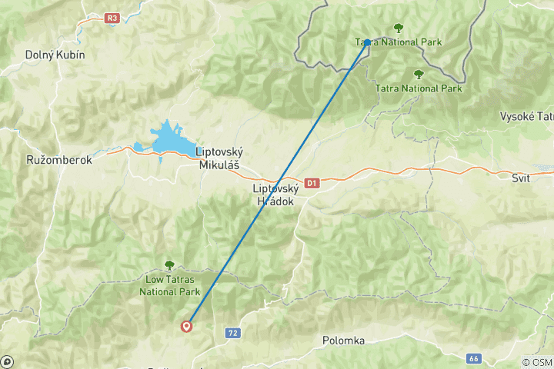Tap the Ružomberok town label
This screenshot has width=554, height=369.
(x=58, y=161)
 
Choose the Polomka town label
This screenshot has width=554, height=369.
(x=343, y=340)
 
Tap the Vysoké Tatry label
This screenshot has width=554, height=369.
(x=527, y=116)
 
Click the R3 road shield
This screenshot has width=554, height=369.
(x=113, y=18)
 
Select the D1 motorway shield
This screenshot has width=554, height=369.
(x=312, y=183)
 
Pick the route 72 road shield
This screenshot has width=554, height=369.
(x=232, y=333)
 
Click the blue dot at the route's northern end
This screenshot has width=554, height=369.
(x=368, y=42)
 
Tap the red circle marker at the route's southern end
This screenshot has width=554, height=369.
(x=186, y=326)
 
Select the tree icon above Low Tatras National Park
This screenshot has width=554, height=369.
(x=169, y=264)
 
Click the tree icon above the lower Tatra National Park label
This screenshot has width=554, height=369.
(x=419, y=75)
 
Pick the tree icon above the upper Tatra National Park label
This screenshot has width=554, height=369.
(x=398, y=28)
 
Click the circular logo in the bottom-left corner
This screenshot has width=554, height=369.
(x=7, y=361)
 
